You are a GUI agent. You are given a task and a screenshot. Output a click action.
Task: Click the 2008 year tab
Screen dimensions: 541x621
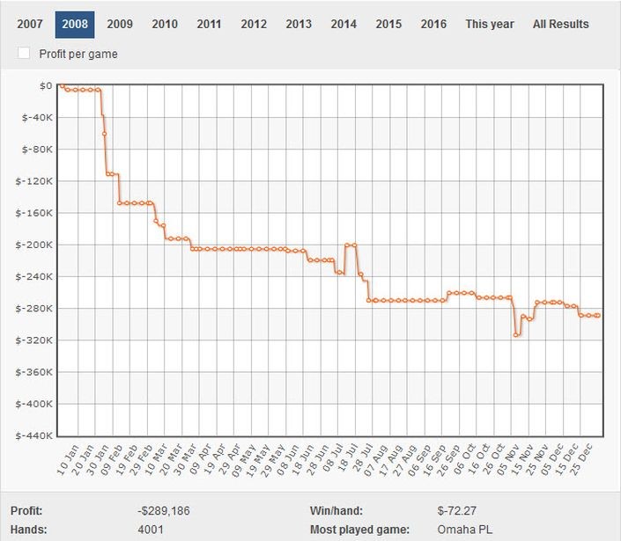pos(75,25)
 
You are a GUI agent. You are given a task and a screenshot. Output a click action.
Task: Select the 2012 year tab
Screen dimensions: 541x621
pos(254,25)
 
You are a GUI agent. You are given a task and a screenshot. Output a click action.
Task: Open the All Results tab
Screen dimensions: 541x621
pos(560,25)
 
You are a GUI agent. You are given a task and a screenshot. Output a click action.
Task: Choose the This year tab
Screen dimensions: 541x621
pos(490,25)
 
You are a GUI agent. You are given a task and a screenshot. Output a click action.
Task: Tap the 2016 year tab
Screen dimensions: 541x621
pos(433,25)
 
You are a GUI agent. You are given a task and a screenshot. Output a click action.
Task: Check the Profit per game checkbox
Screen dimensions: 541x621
pos(25,54)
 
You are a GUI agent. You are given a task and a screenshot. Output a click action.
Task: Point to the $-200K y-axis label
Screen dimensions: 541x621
pos(36,245)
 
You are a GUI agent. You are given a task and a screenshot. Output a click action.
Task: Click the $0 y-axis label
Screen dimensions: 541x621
pos(44,85)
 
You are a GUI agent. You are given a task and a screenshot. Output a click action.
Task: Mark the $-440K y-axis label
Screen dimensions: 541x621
pos(36,435)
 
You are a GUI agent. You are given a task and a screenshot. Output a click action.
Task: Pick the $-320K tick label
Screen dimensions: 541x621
pos(36,340)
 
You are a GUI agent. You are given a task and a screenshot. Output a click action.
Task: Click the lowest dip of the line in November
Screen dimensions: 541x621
pos(516,335)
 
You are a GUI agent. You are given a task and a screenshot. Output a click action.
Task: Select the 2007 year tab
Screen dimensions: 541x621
pos(30,25)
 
